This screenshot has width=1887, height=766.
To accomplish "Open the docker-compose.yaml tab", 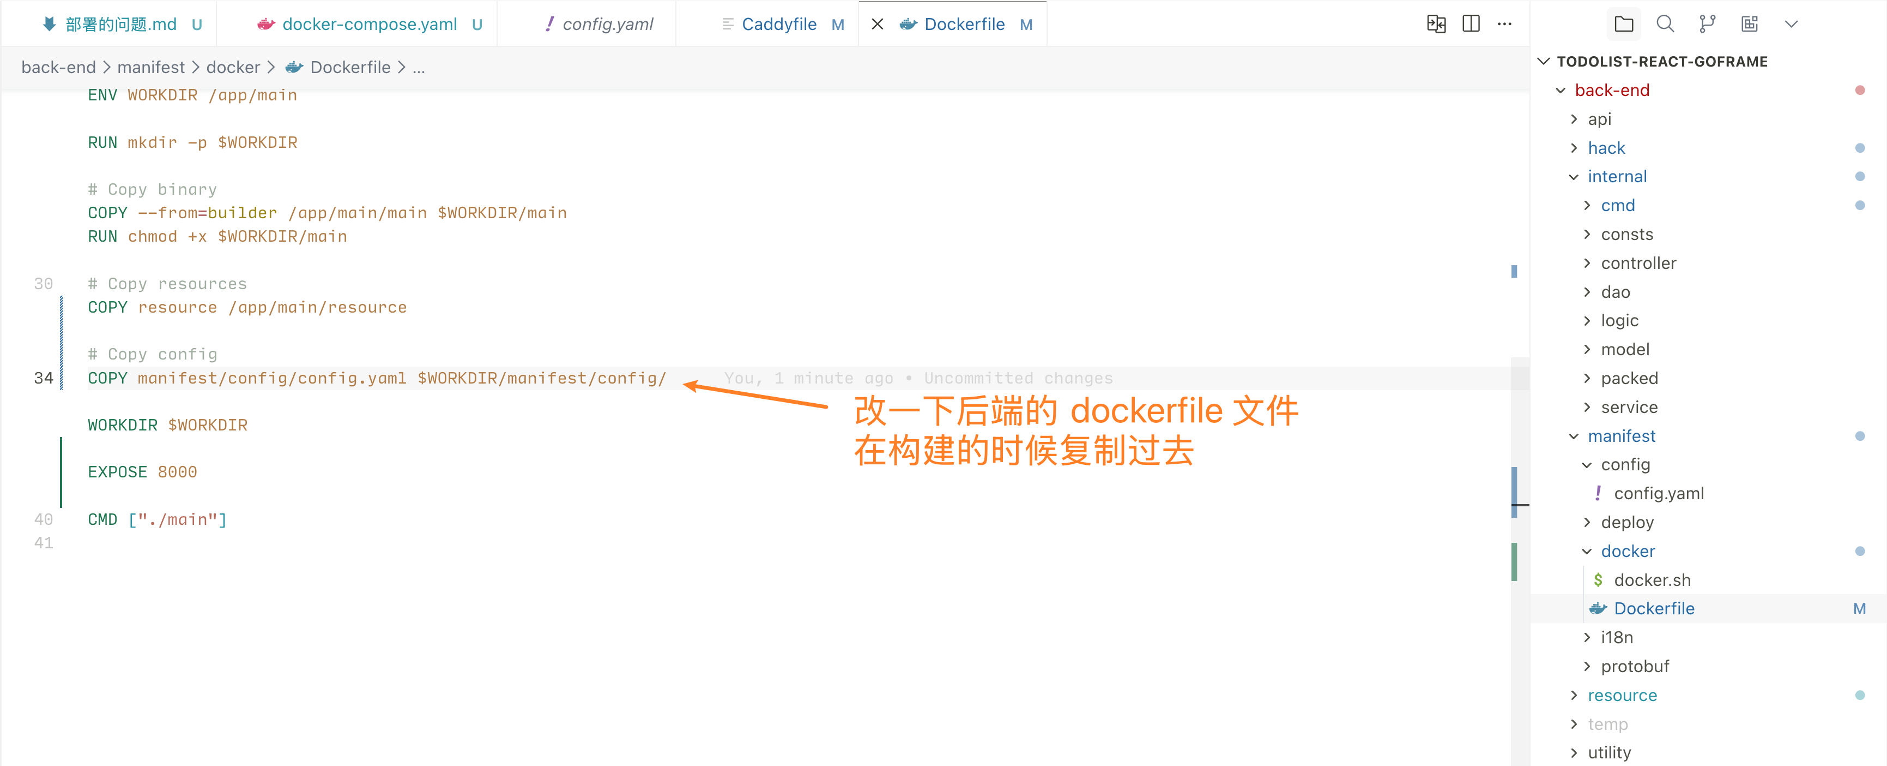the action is point(369,24).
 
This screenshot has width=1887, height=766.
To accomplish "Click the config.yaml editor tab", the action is point(607,24).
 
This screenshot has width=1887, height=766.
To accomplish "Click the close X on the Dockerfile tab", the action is point(877,24).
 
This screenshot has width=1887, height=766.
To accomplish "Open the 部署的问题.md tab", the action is point(121,24).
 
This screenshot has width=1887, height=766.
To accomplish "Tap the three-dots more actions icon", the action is point(1504,24).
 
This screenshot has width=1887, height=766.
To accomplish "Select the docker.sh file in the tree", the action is point(1652,580).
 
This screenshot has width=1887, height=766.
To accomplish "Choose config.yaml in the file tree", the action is point(1659,493).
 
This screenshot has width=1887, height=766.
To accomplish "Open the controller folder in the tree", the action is point(1638,263).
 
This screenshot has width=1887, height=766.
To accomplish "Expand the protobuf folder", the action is point(1634,666).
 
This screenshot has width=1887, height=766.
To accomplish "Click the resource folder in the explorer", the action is point(1622,695).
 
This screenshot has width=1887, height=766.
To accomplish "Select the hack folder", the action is point(1606,148).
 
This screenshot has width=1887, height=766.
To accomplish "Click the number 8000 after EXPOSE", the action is point(177,472).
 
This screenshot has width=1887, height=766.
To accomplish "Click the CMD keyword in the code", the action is point(102,520).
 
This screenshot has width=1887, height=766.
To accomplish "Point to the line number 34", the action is point(43,378).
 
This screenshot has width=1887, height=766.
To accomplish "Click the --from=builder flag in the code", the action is point(207,213).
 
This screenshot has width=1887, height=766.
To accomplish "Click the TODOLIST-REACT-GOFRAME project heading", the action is point(1661,62).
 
